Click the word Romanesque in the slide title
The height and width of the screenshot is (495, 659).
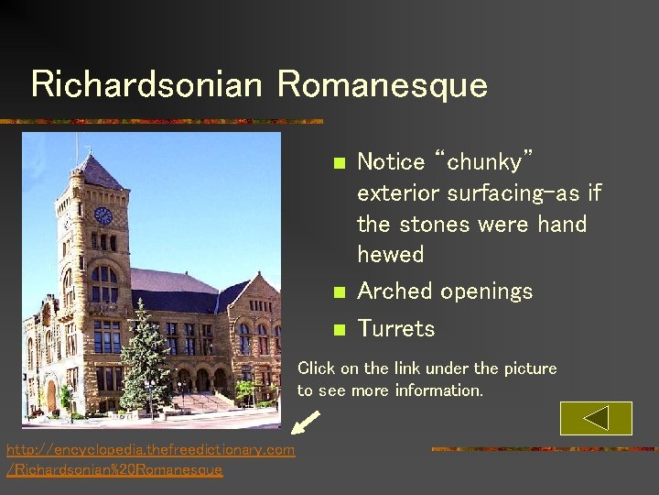pos(383,84)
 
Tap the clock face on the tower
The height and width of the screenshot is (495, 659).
pos(103,215)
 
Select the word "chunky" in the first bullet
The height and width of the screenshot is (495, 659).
pos(485,162)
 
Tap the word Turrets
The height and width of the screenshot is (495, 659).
pos(395,328)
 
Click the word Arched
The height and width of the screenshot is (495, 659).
pos(395,291)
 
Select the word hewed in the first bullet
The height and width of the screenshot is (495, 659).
pos(391,255)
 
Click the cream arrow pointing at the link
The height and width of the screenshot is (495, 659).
pos(306,423)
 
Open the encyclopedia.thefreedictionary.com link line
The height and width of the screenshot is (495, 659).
pos(150,449)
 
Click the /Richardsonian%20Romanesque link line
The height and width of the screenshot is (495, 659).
pos(114,469)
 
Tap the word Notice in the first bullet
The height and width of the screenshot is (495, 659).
pos(391,162)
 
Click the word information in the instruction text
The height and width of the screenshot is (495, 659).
pos(438,390)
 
